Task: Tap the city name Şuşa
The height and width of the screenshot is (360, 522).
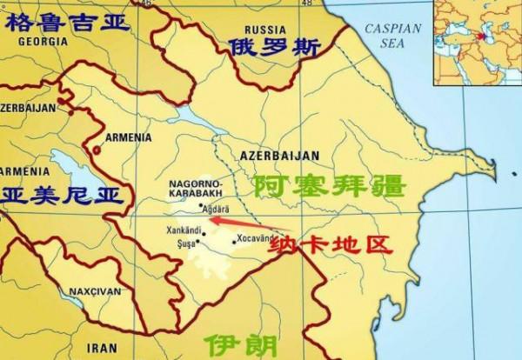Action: coord(185,243)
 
